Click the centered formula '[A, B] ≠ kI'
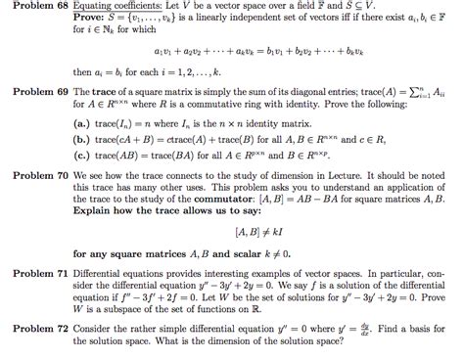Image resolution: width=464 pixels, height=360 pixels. [x=254, y=233]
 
